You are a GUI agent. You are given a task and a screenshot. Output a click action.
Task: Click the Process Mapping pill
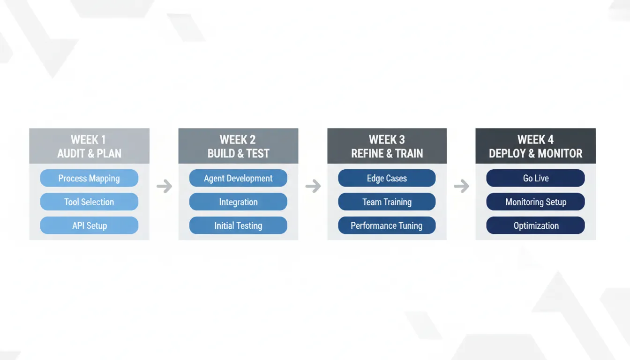coord(89,178)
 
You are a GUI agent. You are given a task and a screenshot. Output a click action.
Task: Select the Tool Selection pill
coord(89,202)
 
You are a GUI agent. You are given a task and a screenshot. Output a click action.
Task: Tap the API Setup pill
coord(89,225)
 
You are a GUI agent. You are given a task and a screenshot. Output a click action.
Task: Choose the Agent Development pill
coord(238,178)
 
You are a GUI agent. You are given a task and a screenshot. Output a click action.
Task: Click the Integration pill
coord(238,202)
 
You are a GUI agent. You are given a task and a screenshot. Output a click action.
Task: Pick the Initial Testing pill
coord(238,225)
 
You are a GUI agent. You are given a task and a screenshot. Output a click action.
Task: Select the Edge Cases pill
coord(387,178)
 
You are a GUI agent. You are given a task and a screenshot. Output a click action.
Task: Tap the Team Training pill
coord(387,202)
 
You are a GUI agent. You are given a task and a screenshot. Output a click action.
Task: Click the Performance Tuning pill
coord(387,225)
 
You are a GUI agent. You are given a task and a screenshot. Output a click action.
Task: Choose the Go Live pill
coord(535,178)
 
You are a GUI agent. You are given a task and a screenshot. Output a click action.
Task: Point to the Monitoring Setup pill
coord(535,202)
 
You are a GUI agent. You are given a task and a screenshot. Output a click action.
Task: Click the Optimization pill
coord(535,225)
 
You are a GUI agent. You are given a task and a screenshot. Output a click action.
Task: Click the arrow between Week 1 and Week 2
coord(164,187)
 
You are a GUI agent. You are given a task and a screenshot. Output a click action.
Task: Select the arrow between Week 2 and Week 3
coord(313,187)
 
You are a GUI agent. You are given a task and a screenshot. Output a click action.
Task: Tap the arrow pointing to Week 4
coord(461,187)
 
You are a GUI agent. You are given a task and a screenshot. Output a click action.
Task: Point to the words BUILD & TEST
coord(238,153)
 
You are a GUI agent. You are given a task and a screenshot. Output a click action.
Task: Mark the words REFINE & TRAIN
coord(387,153)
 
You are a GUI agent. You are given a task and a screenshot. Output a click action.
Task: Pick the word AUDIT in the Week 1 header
coord(70,153)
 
